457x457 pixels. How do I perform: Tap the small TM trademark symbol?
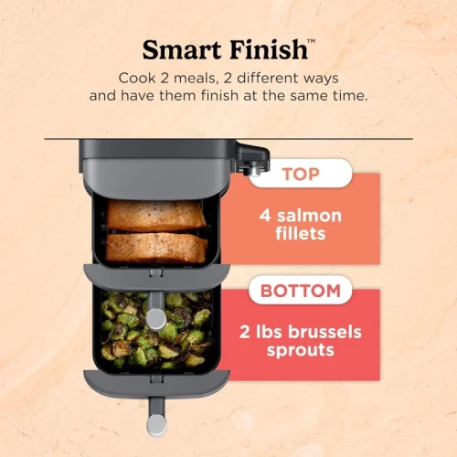[312, 41]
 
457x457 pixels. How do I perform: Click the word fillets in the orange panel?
[299, 236]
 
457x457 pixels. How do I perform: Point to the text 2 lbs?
[256, 332]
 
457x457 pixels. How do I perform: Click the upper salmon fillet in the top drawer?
[155, 216]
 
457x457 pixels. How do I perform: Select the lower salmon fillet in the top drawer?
[155, 247]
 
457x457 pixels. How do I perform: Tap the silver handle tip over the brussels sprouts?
[156, 318]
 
